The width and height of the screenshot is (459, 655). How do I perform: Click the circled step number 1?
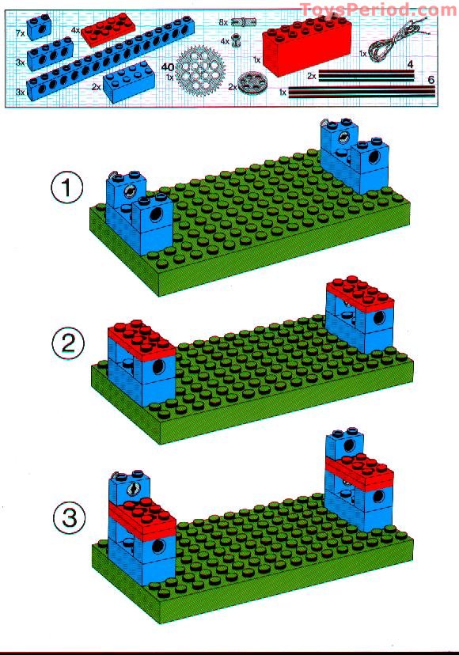tap(67, 188)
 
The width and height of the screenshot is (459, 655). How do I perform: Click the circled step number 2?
tap(67, 344)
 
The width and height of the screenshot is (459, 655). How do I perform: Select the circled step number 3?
tap(68, 518)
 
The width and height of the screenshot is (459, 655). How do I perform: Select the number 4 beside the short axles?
tap(411, 63)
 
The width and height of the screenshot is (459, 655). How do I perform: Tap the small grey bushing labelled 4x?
tap(236, 40)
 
